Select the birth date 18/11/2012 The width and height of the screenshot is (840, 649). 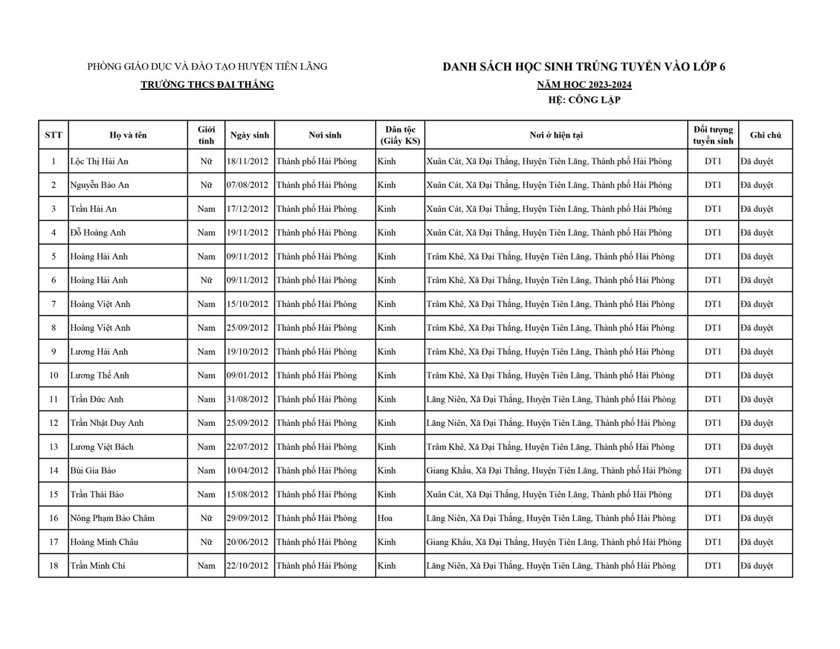point(248,161)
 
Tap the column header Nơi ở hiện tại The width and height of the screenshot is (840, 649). point(555,135)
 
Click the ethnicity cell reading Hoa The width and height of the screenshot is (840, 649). point(385,518)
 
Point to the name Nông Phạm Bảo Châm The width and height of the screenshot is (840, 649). point(112,518)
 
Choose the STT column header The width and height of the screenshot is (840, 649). point(54,135)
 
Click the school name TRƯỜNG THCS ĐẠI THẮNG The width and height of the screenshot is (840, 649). point(207,85)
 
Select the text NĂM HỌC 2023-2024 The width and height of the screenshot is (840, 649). point(584,85)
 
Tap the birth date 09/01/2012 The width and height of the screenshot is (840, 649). point(248,375)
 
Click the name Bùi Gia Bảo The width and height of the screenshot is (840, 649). point(93,471)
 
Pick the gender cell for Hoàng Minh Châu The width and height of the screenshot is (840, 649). point(206,542)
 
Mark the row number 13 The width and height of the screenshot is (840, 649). point(54,447)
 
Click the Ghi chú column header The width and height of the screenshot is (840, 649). point(765,135)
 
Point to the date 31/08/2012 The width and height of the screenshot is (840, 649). point(248,399)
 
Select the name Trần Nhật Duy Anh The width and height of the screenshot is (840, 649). point(106,423)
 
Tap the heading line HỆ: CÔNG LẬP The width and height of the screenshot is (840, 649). point(584,100)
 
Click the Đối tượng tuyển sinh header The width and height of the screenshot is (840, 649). point(713,135)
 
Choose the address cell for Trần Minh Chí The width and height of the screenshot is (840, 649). point(551,566)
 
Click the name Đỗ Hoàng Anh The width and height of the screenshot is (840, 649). point(98,233)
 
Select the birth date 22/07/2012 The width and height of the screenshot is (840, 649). point(248,447)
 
